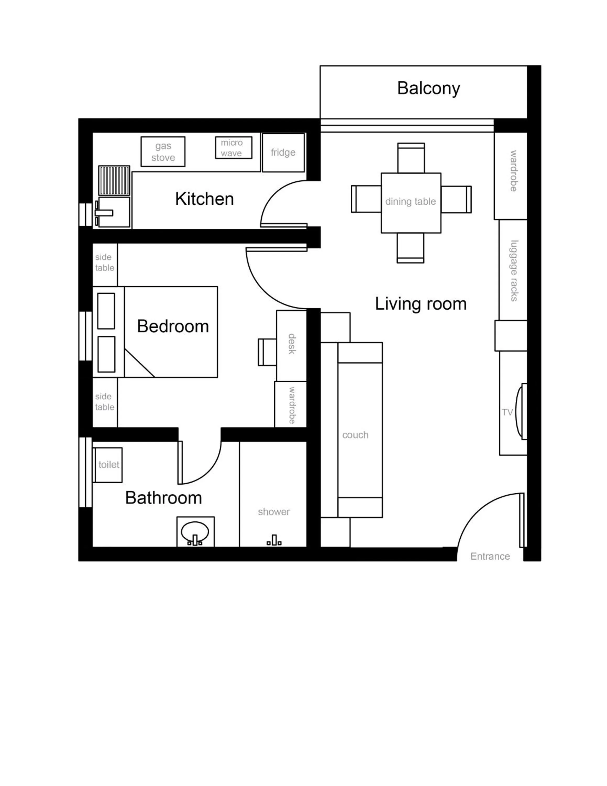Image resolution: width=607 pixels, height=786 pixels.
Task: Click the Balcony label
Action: (x=428, y=89)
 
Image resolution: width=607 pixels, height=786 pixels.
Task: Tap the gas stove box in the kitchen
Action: (x=163, y=151)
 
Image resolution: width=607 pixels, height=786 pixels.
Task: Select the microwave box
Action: (x=233, y=148)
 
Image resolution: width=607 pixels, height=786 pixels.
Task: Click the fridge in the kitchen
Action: (x=283, y=152)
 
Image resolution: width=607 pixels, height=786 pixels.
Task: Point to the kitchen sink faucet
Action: (x=103, y=213)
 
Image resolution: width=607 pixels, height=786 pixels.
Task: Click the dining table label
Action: (x=410, y=201)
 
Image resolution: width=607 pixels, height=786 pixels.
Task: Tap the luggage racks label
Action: (x=515, y=271)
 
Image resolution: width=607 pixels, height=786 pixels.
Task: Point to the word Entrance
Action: (x=490, y=556)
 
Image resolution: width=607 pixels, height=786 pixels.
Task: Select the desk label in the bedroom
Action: (x=292, y=344)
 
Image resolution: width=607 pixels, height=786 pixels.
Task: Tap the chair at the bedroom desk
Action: (x=267, y=352)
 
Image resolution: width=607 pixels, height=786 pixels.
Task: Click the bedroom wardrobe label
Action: (x=292, y=405)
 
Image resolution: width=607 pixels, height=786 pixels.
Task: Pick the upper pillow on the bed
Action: (x=106, y=311)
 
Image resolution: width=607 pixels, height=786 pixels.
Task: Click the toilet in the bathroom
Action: (x=108, y=465)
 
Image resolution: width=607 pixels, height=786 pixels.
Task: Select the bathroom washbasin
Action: (x=195, y=532)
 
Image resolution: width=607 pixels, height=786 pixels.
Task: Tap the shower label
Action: (x=274, y=512)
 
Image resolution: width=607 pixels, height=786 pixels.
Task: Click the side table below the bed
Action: (x=105, y=402)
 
